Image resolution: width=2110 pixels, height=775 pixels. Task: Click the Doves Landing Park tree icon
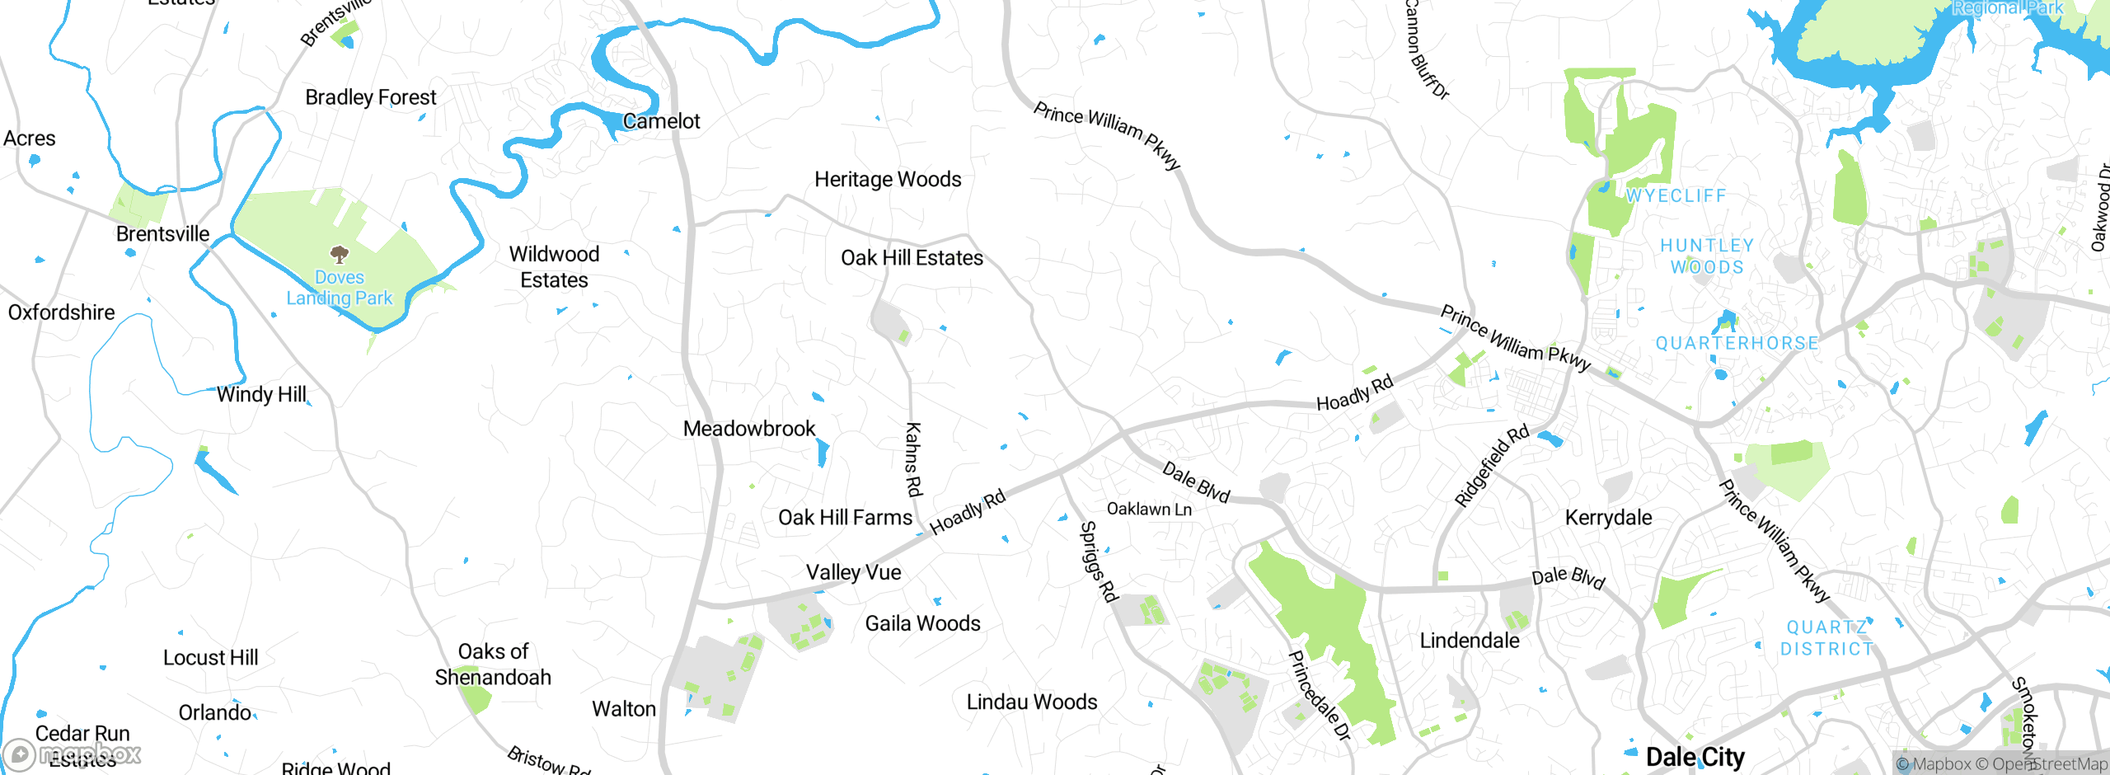tap(339, 253)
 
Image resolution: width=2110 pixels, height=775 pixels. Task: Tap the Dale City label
tap(1695, 757)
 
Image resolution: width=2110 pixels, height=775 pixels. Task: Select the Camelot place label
tap(661, 121)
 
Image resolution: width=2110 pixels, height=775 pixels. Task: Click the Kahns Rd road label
tap(913, 459)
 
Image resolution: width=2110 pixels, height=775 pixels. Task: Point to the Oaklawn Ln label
tap(1149, 509)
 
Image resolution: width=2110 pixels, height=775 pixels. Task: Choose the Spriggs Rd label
tap(1098, 561)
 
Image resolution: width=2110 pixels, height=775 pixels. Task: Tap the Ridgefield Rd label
tap(1492, 465)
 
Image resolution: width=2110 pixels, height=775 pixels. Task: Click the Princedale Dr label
tap(1320, 695)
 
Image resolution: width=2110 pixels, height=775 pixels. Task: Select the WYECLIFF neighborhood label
tap(1676, 196)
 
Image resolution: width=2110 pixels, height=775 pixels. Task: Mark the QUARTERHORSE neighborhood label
tap(1737, 343)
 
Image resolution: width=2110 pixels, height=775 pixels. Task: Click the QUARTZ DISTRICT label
tap(1826, 638)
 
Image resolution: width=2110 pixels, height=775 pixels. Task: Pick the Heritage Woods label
tap(888, 179)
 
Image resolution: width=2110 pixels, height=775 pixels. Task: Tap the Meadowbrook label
tap(749, 429)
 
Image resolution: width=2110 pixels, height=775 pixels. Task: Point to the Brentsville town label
tap(162, 234)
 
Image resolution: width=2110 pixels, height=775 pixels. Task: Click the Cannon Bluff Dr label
tap(1426, 49)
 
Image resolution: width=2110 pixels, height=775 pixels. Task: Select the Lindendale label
tap(1470, 641)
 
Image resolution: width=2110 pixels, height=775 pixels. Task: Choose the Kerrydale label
tap(1608, 518)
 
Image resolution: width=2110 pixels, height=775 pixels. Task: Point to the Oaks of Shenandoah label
tap(493, 664)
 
